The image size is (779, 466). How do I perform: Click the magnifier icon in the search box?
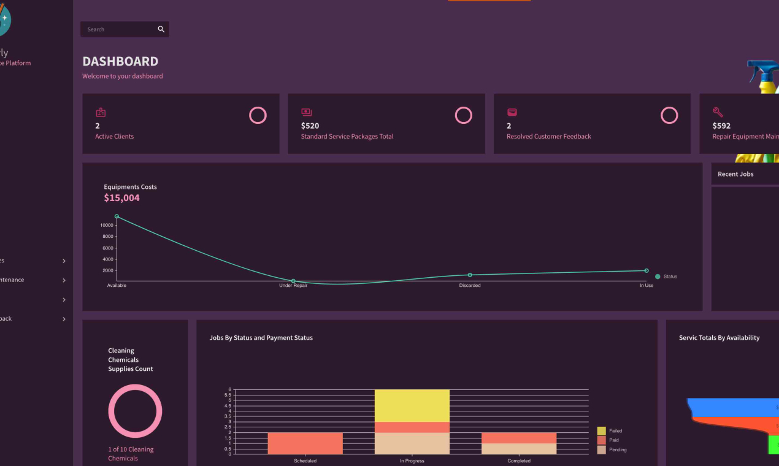(x=161, y=29)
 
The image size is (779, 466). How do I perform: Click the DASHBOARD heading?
(x=120, y=61)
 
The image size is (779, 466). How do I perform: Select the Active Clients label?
(x=114, y=137)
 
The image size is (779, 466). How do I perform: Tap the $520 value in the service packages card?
(x=310, y=126)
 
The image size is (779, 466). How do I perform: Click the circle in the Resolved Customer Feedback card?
(x=669, y=115)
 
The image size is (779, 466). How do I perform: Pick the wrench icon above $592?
(x=718, y=112)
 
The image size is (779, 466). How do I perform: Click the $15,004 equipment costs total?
(x=121, y=198)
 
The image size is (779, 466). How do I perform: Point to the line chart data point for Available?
(x=117, y=216)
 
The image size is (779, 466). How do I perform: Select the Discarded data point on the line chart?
(x=470, y=275)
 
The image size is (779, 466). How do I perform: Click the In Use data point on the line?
(x=647, y=270)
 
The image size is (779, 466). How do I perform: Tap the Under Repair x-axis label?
(x=293, y=286)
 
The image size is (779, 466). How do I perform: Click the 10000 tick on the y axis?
(x=107, y=226)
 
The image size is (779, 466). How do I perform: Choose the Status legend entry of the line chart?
(x=666, y=277)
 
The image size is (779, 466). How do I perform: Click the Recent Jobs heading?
(x=735, y=174)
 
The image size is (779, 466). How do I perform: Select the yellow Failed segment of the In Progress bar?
(x=412, y=405)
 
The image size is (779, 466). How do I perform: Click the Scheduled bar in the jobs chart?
(x=305, y=443)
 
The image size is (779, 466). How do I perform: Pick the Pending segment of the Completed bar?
(x=518, y=448)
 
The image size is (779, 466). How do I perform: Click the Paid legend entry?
(x=611, y=440)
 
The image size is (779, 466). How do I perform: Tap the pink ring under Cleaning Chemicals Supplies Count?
(x=135, y=388)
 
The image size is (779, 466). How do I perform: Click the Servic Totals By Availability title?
(x=719, y=338)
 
